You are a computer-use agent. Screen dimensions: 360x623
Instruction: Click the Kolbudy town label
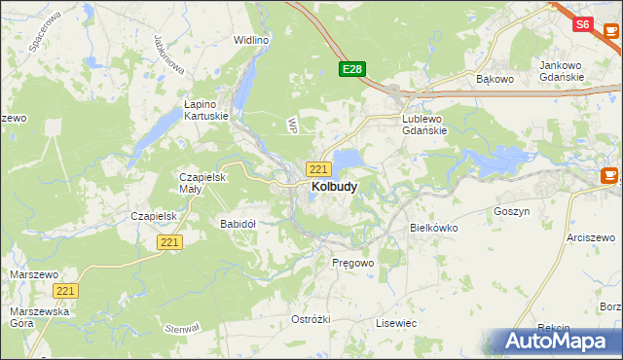333,186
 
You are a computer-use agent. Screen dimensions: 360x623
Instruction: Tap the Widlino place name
250,40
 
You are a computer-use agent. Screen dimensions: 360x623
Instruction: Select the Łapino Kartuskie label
206,109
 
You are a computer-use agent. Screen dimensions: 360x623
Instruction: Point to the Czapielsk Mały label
202,183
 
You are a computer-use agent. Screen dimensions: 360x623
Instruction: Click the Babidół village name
238,223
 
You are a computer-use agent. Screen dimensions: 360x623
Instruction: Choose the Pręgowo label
352,263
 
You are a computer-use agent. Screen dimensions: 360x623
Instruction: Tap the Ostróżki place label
311,320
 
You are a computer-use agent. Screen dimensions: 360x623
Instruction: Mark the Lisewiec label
396,322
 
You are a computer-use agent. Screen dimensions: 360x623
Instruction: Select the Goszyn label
511,210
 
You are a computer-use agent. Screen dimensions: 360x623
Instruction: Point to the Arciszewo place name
593,237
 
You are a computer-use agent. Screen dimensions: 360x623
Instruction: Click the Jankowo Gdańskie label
561,71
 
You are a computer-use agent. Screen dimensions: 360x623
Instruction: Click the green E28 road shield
351,69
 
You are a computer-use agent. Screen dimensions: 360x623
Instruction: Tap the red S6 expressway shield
582,24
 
